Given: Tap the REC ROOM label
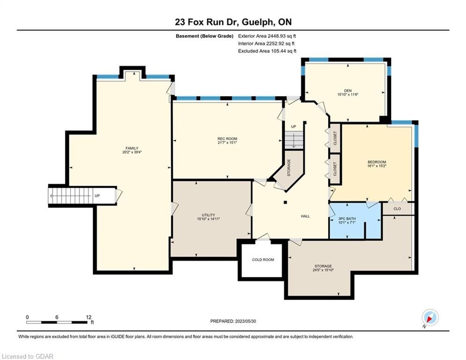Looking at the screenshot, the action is coord(227,139).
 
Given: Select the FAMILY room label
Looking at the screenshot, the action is coord(132,148).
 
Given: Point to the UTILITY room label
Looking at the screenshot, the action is coord(208,215).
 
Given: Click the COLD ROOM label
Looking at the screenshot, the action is coord(263,260).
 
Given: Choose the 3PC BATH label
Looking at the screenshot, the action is coord(347,219).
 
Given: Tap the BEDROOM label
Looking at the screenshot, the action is coord(377,162).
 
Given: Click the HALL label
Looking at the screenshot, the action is coord(305,216).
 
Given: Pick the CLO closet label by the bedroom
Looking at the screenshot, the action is coord(397,209).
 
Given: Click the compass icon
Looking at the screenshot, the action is coord(430,317).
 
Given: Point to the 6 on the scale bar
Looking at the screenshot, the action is coord(57,317).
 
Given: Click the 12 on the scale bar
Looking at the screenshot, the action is coord(88,317).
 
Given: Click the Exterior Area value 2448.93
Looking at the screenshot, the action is coord(277,36).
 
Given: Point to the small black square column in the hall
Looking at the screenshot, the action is coord(285,202).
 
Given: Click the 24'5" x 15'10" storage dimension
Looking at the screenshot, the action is coord(323,270).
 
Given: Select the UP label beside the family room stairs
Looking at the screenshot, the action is coord(97,196).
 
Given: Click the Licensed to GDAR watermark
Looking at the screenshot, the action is coord(27,356).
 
